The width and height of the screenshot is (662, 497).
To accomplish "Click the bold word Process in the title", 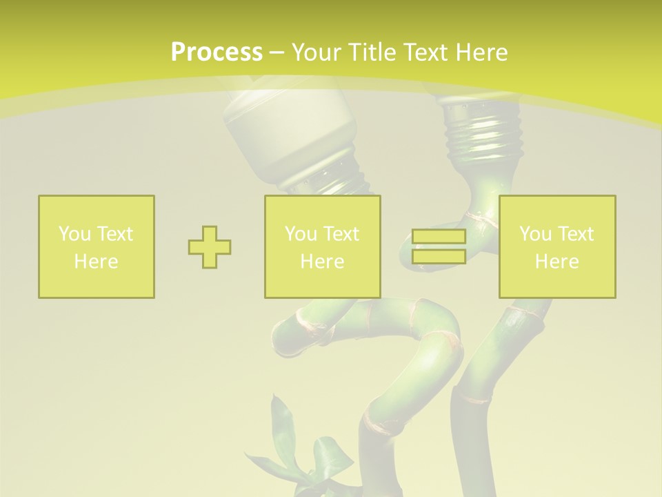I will coord(217,52).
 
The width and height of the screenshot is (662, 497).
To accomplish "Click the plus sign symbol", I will coord(210,247).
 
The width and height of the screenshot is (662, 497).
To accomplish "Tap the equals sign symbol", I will coord(439,247).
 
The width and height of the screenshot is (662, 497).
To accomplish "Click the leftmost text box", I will coord(97,247).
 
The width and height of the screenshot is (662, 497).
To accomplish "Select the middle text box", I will coord(323,247).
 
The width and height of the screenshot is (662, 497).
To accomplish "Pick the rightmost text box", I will coord(557,247).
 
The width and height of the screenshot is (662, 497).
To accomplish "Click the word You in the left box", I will coord(74,234).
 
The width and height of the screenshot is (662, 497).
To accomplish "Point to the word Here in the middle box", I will coord(323,262).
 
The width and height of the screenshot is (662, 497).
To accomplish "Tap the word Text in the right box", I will coord(576,234).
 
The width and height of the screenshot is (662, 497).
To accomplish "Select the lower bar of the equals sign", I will coord(439,257).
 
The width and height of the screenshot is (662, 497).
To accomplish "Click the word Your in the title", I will coord(315,52).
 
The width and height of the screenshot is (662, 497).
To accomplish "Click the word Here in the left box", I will coord(97,262).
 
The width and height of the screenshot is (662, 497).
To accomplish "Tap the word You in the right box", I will coord(535,234).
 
